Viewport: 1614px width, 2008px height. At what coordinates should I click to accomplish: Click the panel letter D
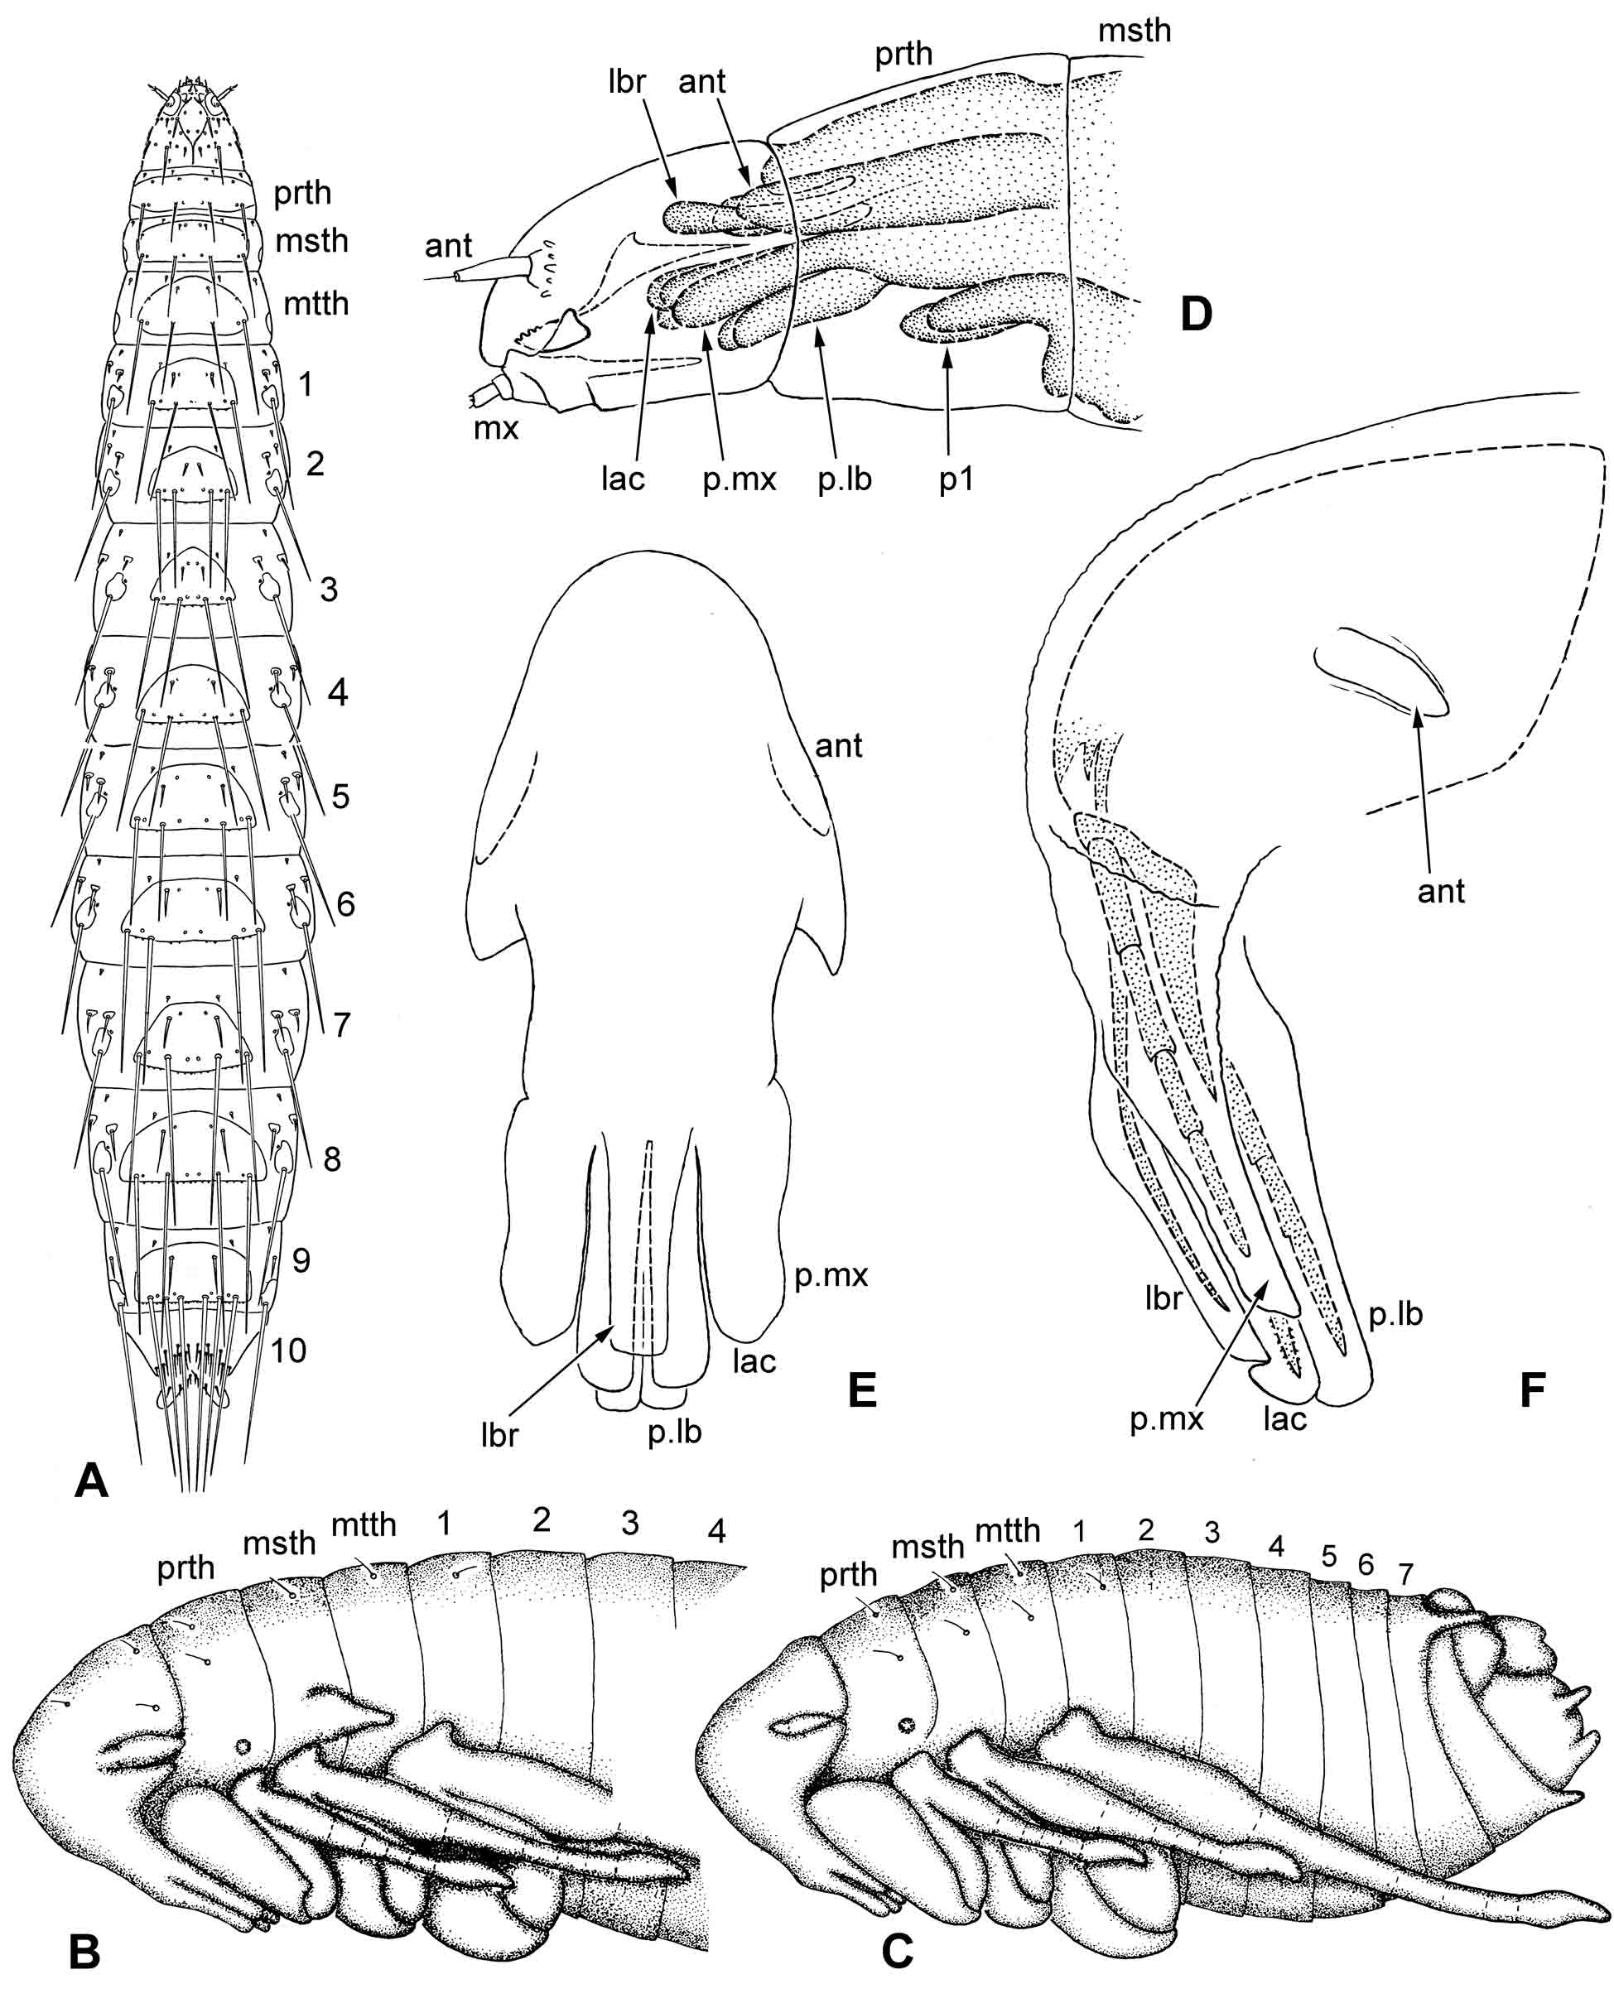1196,315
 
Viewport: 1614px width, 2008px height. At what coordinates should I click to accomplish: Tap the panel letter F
1532,1389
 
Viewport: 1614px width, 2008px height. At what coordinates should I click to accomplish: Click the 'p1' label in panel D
956,479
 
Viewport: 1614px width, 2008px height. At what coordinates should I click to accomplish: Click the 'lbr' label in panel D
626,82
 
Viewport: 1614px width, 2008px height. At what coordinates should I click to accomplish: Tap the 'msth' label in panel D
1134,31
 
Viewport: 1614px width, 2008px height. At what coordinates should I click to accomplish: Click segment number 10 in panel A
288,1350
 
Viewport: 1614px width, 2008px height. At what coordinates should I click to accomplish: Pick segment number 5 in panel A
341,797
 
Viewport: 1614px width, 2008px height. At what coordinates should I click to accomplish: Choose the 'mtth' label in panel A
316,304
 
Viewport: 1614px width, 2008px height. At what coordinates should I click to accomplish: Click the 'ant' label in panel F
1441,891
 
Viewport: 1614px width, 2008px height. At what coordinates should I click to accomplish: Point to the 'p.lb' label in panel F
1395,1313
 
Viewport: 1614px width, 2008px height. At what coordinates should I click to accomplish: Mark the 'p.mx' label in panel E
831,1275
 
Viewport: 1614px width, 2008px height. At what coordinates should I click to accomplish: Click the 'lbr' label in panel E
499,1435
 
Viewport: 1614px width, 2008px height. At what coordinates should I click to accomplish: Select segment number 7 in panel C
1405,1574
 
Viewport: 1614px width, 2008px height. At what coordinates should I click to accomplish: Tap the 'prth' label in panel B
185,1567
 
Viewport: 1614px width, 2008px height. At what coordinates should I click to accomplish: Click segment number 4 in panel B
715,1530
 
